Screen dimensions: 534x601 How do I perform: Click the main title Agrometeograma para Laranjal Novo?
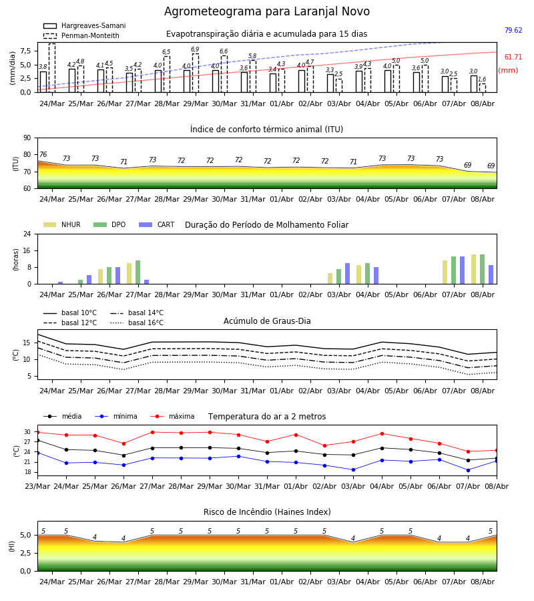click(x=267, y=11)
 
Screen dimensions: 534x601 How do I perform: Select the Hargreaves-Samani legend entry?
click(x=85, y=25)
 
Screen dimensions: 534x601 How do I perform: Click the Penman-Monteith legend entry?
click(x=81, y=35)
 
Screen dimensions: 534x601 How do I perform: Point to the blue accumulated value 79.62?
click(x=513, y=30)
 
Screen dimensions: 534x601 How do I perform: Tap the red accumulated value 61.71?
click(x=513, y=57)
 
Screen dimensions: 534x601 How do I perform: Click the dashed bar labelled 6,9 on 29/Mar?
click(x=196, y=73)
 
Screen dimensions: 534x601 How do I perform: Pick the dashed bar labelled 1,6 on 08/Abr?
click(x=483, y=88)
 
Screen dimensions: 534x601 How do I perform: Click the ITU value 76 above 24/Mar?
click(x=43, y=154)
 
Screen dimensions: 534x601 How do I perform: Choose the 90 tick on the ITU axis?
click(x=27, y=138)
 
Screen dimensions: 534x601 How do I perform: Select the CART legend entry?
click(x=157, y=224)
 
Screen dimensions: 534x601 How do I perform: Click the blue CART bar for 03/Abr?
click(x=348, y=274)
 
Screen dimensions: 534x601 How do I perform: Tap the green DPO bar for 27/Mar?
click(x=138, y=272)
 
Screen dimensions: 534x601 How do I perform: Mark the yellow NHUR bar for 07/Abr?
click(x=445, y=272)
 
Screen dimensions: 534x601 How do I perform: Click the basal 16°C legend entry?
click(x=137, y=323)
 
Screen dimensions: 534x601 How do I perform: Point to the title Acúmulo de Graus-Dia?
click(x=267, y=321)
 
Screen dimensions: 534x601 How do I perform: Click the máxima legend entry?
click(x=173, y=416)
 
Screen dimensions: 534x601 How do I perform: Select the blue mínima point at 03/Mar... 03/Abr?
click(x=353, y=469)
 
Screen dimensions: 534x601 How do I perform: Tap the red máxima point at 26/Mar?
click(x=123, y=443)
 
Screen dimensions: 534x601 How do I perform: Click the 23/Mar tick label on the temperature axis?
click(x=37, y=486)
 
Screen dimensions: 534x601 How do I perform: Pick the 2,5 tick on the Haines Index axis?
click(x=25, y=553)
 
